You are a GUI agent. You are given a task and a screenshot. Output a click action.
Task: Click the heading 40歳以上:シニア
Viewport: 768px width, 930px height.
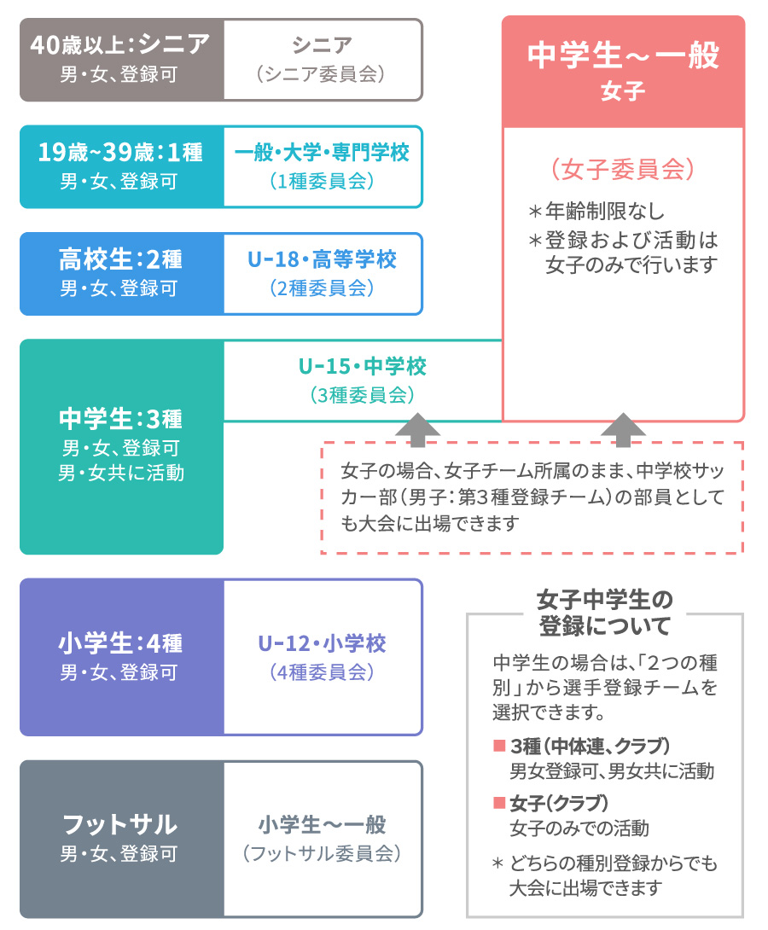click(x=120, y=44)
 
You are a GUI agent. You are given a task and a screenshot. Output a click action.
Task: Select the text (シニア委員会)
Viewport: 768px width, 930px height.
click(x=322, y=74)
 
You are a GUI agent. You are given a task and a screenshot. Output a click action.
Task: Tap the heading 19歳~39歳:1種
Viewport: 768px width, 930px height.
click(x=120, y=152)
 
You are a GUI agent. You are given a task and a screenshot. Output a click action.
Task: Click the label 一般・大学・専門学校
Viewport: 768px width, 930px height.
click(x=322, y=153)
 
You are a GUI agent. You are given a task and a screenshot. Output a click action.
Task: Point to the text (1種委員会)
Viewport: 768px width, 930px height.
click(x=322, y=181)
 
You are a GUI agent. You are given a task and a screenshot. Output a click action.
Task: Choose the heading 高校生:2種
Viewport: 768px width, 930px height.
click(x=120, y=259)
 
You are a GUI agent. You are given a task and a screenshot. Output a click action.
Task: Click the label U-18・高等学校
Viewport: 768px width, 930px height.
click(x=322, y=259)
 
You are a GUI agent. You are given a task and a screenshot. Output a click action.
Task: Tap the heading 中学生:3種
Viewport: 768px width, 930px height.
click(x=120, y=419)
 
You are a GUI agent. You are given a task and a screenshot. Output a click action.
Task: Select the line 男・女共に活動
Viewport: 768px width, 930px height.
click(x=120, y=473)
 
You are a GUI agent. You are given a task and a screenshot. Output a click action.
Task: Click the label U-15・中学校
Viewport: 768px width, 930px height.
click(x=363, y=367)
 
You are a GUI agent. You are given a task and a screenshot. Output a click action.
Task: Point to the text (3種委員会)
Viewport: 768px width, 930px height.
click(x=363, y=395)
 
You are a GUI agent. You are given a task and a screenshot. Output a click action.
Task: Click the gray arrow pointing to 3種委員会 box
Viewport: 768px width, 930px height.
click(x=417, y=430)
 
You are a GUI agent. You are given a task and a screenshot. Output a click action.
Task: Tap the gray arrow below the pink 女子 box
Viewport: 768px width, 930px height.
click(x=623, y=430)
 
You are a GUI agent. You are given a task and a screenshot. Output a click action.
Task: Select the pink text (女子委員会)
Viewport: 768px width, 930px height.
click(x=623, y=169)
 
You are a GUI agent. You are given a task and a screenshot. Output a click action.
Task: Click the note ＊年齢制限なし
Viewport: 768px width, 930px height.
click(x=596, y=211)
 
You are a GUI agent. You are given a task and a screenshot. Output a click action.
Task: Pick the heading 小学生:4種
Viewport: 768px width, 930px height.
click(x=120, y=643)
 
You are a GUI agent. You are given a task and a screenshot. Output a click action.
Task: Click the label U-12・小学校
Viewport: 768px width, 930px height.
click(x=322, y=643)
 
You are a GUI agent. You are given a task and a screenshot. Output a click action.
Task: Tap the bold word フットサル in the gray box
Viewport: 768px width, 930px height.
click(x=120, y=824)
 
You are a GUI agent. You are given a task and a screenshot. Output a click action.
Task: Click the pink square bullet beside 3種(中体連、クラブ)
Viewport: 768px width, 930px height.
click(x=499, y=746)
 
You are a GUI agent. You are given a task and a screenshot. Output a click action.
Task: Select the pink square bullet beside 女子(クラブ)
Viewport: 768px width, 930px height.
click(x=499, y=803)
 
